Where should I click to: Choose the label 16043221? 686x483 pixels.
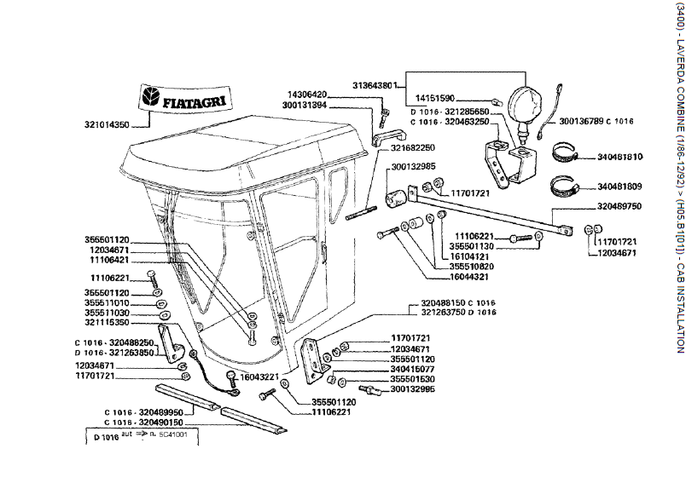coord(257,376)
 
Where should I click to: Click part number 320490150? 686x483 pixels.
coord(141,422)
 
